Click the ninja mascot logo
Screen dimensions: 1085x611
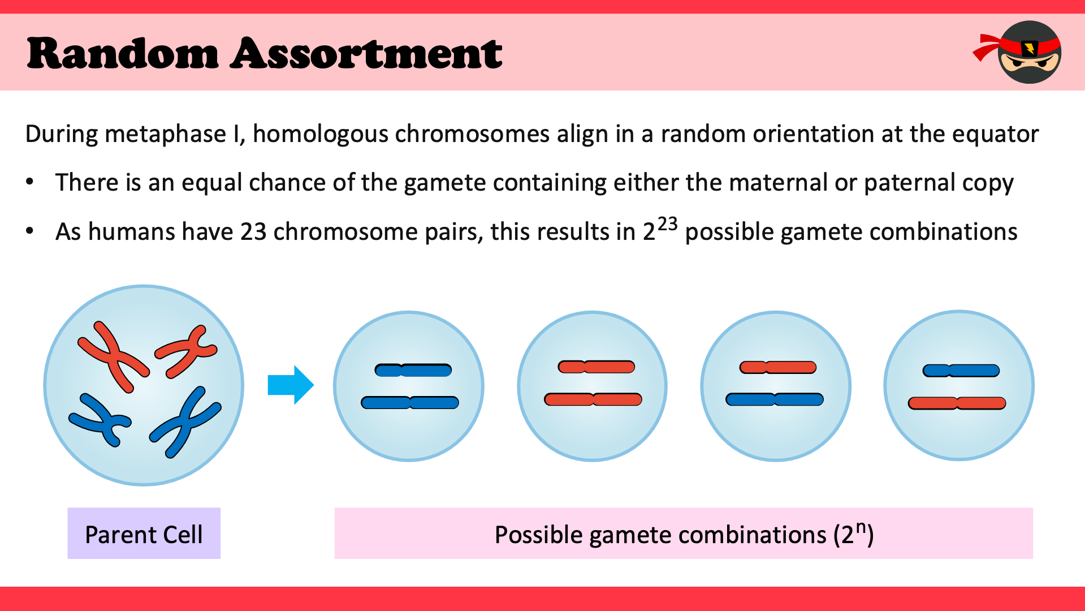(x=1018, y=52)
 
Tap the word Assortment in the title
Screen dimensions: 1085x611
(x=366, y=54)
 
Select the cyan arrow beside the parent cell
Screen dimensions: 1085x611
(x=291, y=385)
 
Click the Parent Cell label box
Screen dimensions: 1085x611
(x=144, y=533)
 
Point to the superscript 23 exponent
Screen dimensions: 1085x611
(x=667, y=224)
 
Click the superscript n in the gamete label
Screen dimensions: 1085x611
(x=861, y=527)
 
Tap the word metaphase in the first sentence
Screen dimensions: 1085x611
(x=165, y=135)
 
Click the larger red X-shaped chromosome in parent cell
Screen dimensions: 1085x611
(x=113, y=356)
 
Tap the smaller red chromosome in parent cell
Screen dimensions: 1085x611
(x=186, y=351)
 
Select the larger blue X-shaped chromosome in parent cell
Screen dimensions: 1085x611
(x=185, y=422)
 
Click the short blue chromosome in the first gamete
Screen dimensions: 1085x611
(x=413, y=371)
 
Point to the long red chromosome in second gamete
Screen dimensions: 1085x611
(x=593, y=399)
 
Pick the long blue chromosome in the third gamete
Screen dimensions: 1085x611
(x=775, y=399)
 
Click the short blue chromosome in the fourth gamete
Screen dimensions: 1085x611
(x=961, y=371)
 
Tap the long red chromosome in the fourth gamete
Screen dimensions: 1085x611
(x=957, y=403)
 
